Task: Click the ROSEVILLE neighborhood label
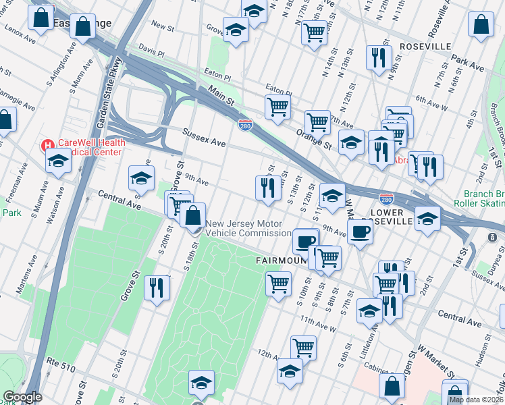pos(425,46)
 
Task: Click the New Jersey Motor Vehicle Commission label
pos(248,229)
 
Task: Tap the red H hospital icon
pos(47,145)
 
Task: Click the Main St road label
pos(221,94)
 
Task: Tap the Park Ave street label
pos(468,67)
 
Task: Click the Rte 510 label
pos(59,362)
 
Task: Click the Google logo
pos(22,397)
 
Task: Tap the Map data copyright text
pos(476,400)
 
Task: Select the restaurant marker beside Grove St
pos(156,288)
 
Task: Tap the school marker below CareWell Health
pos(58,162)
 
